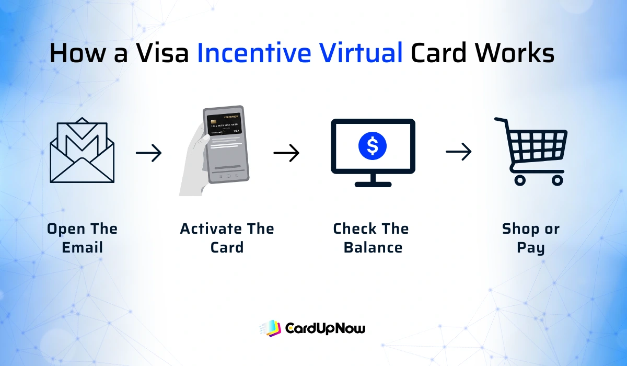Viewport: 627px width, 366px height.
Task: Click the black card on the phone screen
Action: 225,125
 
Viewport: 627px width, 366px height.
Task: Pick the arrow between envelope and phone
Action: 149,153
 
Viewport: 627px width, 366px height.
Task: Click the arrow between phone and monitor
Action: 286,153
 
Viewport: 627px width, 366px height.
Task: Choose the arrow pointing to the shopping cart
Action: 459,152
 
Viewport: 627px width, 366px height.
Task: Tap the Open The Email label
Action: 82,238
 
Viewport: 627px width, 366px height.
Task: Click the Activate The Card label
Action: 227,238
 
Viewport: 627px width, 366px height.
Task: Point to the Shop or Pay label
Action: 530,238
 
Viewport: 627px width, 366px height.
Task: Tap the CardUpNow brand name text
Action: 325,328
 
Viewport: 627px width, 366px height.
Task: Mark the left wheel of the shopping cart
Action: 519,180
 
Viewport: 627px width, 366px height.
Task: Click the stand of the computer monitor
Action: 373,180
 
